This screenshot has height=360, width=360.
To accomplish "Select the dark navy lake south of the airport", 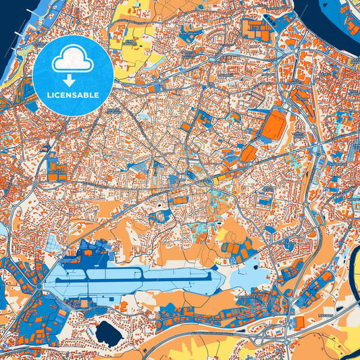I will (x=107, y=332).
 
